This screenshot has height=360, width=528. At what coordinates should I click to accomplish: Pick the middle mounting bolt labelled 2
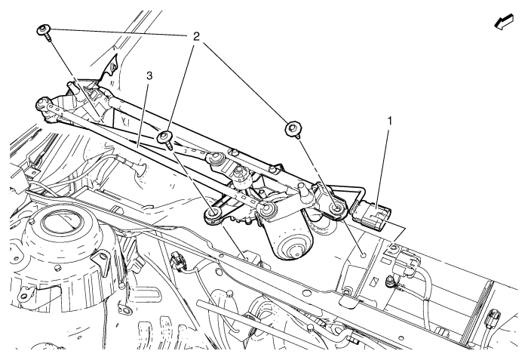pyautogui.click(x=164, y=137)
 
